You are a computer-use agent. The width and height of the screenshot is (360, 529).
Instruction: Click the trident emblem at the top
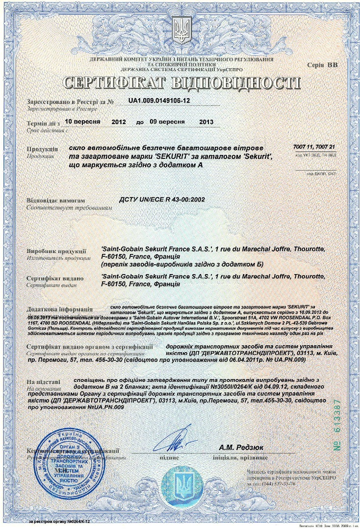(182, 31)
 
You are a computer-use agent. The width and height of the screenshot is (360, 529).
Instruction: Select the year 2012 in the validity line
(122, 121)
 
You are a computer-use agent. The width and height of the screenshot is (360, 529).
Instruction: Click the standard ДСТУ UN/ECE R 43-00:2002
(156, 200)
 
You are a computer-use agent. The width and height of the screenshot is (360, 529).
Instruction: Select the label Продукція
(42, 149)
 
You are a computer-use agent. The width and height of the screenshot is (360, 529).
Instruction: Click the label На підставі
(44, 381)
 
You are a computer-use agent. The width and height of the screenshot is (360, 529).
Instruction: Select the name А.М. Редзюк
(241, 447)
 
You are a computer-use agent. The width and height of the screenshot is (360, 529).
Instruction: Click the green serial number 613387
(337, 424)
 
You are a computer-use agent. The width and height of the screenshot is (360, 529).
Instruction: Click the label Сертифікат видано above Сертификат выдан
(55, 278)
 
